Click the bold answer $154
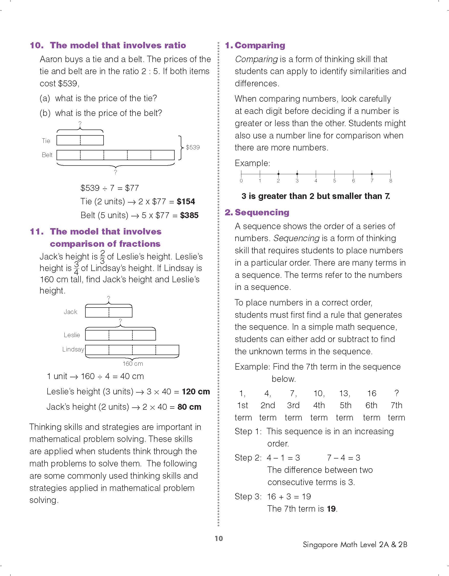[186, 202]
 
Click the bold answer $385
[189, 216]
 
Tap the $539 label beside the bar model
[193, 147]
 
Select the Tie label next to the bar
[46, 141]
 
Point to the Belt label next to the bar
[47, 155]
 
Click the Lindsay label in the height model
[73, 349]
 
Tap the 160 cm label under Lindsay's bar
[133, 364]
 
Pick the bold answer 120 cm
[196, 392]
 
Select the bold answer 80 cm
[189, 407]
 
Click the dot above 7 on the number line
[372, 174]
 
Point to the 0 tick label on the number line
[241, 181]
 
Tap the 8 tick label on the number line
[391, 181]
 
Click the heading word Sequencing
[262, 212]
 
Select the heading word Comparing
[260, 45]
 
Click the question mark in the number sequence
[396, 393]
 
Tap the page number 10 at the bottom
[219, 538]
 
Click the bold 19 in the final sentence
[332, 509]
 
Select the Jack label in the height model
[71, 312]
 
